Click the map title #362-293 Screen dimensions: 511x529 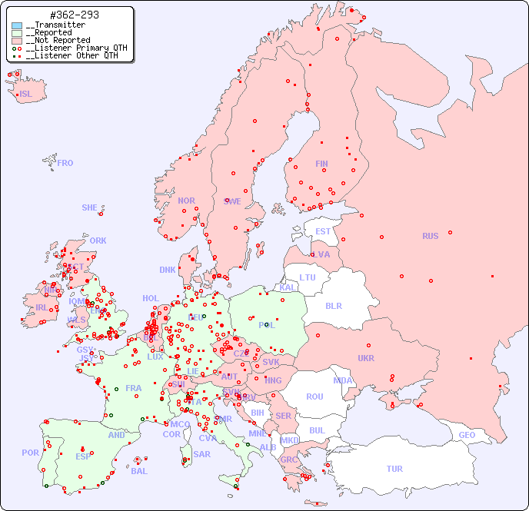(74, 15)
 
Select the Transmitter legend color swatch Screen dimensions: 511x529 (18, 25)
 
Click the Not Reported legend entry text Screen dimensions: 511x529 (58, 40)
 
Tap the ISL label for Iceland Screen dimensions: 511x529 (26, 95)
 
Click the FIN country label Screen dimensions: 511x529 (321, 164)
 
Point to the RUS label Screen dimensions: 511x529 (430, 236)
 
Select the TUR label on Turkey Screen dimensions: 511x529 (394, 469)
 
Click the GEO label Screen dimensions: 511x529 (467, 435)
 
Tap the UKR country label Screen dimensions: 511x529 (366, 358)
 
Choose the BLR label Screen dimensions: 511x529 (333, 305)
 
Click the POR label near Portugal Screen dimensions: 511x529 (30, 453)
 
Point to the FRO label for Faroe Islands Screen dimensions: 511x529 (65, 163)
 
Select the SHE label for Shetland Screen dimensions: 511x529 (90, 207)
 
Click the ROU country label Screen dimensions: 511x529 (314, 397)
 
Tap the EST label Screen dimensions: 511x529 (323, 231)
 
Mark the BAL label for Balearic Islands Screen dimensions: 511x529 (139, 471)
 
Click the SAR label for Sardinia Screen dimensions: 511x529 (202, 454)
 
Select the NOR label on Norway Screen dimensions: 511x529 (186, 201)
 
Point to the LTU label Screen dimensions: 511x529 (308, 277)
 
